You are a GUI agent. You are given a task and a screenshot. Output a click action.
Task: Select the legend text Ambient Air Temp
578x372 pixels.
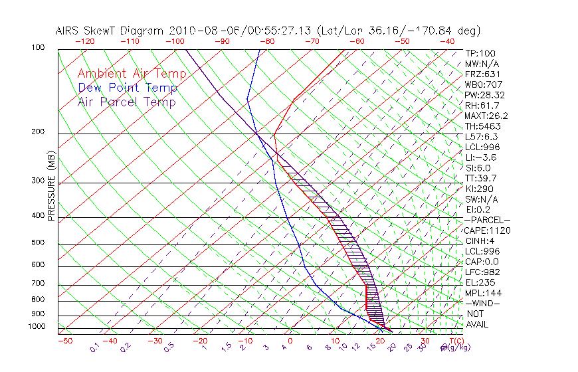click(x=132, y=74)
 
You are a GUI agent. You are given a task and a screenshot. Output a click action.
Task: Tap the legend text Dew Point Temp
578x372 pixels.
click(x=128, y=88)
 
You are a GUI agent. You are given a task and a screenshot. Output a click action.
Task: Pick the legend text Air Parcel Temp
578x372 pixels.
click(x=126, y=102)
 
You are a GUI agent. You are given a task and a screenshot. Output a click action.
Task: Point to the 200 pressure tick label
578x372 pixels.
click(x=39, y=132)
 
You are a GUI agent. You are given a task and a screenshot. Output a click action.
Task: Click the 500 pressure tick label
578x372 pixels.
click(x=39, y=243)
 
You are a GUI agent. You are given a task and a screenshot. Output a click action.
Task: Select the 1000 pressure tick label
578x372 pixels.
click(x=37, y=327)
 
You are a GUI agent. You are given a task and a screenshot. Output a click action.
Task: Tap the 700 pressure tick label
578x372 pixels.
click(x=39, y=284)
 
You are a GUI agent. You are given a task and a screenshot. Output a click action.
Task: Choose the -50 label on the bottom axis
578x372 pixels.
click(x=64, y=341)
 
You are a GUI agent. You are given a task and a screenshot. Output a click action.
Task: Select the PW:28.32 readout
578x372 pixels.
click(x=484, y=95)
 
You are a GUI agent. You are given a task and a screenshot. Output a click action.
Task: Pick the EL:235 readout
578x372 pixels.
click(x=478, y=282)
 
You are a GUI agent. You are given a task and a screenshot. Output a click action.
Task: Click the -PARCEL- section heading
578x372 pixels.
click(x=487, y=220)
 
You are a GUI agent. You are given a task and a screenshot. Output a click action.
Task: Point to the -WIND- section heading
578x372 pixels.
click(x=482, y=303)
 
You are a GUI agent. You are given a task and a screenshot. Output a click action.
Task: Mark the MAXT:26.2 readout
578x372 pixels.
click(x=486, y=116)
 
